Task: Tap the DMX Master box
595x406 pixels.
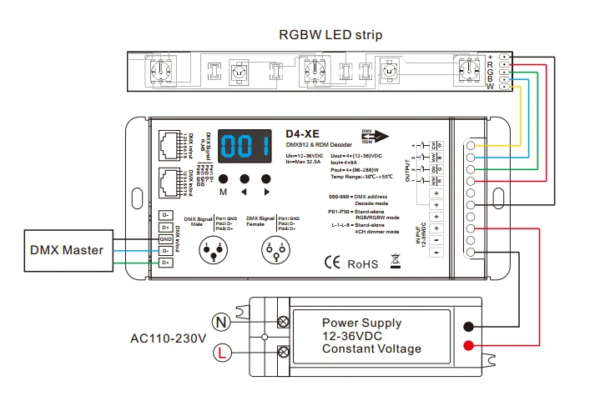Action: click(x=67, y=249)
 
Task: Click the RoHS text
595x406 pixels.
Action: click(x=363, y=264)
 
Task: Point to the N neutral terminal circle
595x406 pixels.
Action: click(x=221, y=319)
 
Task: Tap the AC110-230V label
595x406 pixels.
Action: click(x=168, y=339)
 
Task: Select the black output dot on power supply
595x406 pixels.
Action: click(x=471, y=328)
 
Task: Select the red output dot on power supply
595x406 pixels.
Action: click(x=471, y=346)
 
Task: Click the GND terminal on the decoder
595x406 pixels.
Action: click(x=166, y=238)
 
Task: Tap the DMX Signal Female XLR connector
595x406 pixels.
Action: click(x=273, y=248)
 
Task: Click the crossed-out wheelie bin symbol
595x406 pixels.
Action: click(x=396, y=263)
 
